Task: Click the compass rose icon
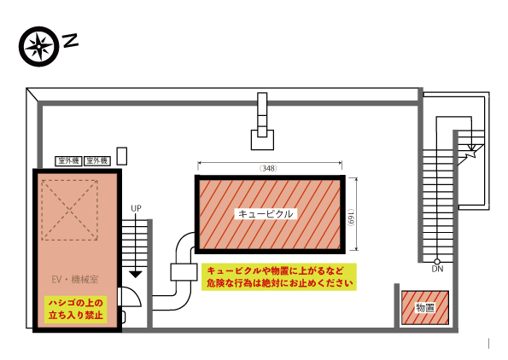[x=39, y=46]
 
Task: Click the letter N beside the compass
[x=70, y=40]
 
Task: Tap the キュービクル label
[x=266, y=214]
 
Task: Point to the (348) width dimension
[x=269, y=168]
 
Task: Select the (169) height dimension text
[x=351, y=218]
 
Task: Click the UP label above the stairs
[x=136, y=208]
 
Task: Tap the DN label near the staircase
[x=437, y=269]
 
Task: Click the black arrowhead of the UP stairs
[x=136, y=274]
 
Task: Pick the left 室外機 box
[x=68, y=161]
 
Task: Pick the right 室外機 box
[x=97, y=161]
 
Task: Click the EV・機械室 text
[x=75, y=280]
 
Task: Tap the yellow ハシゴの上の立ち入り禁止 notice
[x=76, y=309]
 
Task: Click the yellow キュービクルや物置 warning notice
[x=279, y=276]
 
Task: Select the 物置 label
[x=425, y=308]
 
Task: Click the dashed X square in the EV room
[x=70, y=210]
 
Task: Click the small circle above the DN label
[x=437, y=262]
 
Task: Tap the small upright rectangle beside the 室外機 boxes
[x=122, y=156]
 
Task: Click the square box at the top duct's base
[x=262, y=140]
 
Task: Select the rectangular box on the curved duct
[x=184, y=272]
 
